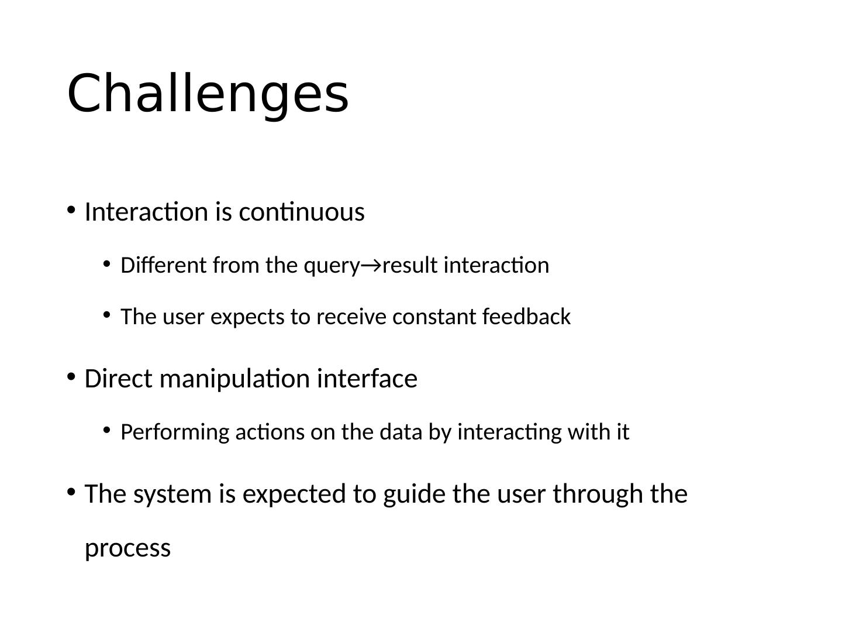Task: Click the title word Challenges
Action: click(x=208, y=94)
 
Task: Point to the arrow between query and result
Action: click(x=371, y=266)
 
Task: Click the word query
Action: click(x=332, y=267)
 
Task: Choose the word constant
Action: click(x=435, y=317)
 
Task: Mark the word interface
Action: click(x=367, y=379)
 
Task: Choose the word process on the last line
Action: click(x=127, y=549)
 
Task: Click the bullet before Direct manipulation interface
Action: click(x=71, y=377)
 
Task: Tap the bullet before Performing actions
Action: click(x=106, y=431)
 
